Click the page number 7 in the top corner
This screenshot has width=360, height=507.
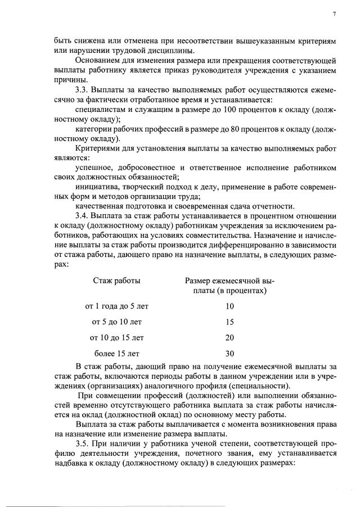334,14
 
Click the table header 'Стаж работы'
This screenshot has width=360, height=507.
117,280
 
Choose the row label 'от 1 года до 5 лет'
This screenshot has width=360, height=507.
117,306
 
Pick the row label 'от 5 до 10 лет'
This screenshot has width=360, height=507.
117,322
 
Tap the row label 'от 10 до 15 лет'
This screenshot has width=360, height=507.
117,338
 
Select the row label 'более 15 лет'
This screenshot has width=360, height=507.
117,354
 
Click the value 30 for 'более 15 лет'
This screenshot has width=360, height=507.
229,354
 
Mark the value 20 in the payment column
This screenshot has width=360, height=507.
229,338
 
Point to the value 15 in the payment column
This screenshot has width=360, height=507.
229,322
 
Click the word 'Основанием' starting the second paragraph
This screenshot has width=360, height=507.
98,60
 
